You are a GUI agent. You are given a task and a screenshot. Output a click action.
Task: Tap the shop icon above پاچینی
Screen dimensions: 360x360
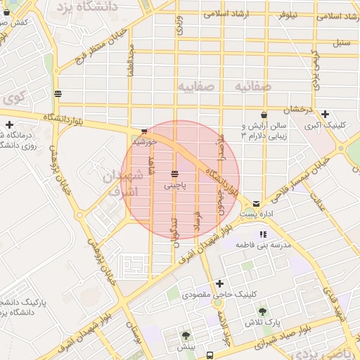(174, 174)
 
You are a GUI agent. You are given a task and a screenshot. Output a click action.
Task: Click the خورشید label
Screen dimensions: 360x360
(143, 141)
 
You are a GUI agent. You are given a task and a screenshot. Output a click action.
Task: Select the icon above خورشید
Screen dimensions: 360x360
(144, 131)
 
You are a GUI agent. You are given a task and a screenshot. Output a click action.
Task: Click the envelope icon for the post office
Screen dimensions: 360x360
(256, 202)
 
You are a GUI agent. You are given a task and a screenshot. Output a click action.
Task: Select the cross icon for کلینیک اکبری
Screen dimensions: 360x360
(325, 115)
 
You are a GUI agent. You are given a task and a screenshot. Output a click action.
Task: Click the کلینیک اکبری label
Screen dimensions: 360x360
(324, 127)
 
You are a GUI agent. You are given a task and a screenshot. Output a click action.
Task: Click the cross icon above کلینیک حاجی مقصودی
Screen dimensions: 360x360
(220, 283)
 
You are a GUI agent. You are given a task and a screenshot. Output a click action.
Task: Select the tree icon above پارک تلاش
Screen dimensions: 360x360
(263, 311)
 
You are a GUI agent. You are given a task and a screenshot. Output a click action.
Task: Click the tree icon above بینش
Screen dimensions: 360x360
(186, 336)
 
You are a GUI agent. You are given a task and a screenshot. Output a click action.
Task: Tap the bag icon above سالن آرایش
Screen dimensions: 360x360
(264, 115)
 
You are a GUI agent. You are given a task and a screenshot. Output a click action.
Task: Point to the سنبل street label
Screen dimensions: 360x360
(341, 44)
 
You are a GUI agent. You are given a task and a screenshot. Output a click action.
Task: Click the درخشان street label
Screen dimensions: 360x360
(297, 111)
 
